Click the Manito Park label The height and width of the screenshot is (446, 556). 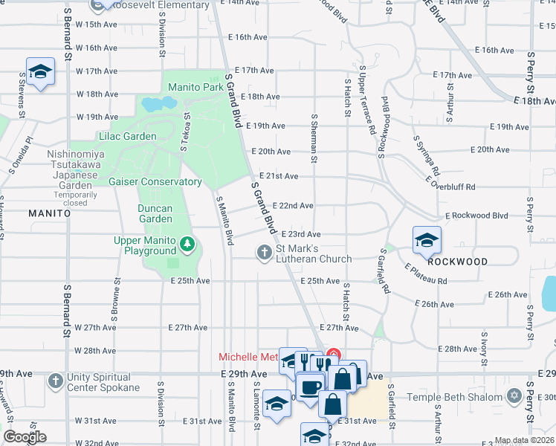[x=195, y=87]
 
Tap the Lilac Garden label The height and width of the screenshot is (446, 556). [x=127, y=136]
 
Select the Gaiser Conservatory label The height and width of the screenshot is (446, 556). [x=155, y=181]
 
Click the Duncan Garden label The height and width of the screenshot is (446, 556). [x=155, y=213]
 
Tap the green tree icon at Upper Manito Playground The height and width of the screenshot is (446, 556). [x=189, y=243]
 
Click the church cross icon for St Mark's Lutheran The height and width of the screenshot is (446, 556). [x=264, y=253]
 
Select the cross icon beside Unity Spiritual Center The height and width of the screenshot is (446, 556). [x=55, y=381]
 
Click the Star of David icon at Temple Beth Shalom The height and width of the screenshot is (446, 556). [x=514, y=395]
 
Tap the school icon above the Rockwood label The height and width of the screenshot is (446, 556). [x=427, y=240]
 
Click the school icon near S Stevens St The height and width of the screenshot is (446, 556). [x=40, y=71]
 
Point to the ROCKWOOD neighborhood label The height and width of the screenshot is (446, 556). [x=458, y=262]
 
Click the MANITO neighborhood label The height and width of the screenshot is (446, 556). [x=49, y=213]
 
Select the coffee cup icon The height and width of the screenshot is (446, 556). [x=309, y=388]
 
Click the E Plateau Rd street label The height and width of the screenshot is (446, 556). [x=426, y=274]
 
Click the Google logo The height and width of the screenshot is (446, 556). [x=25, y=437]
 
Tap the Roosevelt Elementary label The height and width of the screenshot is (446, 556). [x=158, y=5]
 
